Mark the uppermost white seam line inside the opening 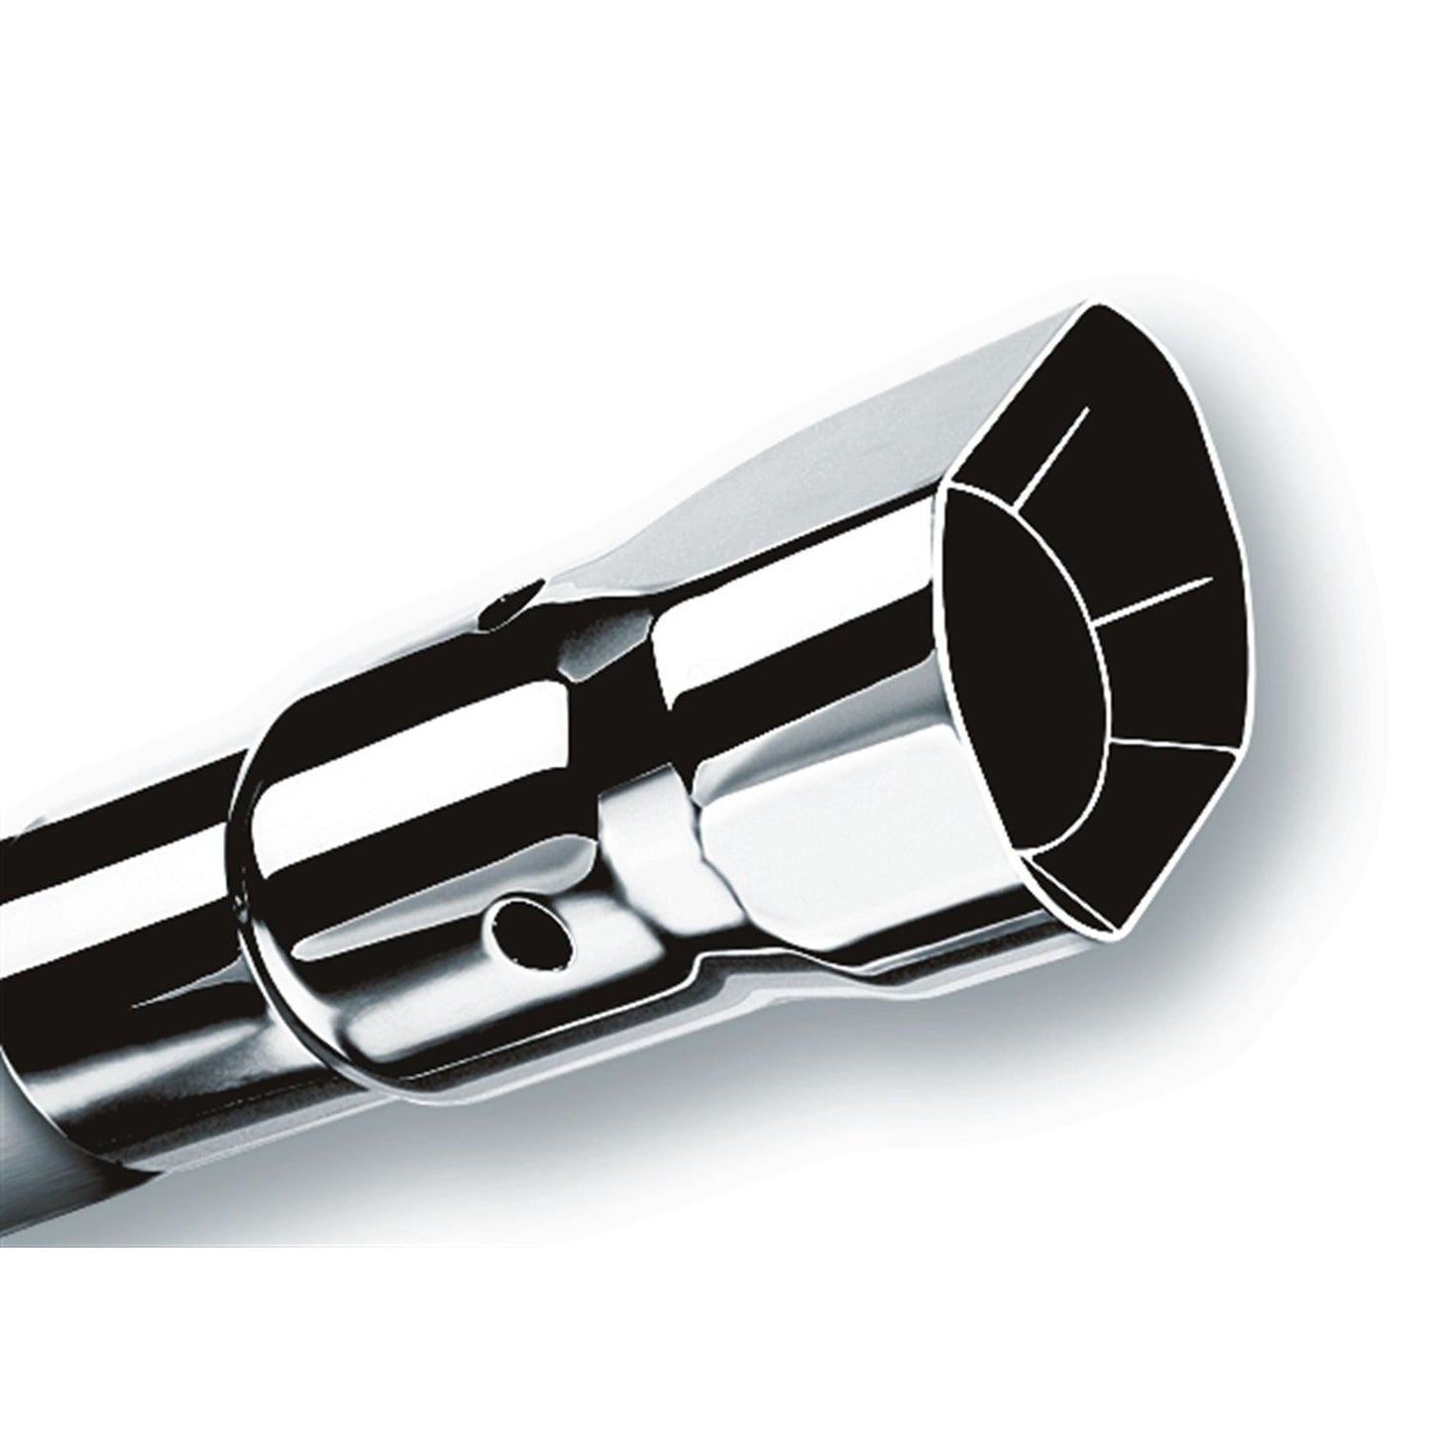[x=1055, y=451]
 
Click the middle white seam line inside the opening [x=1155, y=598]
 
